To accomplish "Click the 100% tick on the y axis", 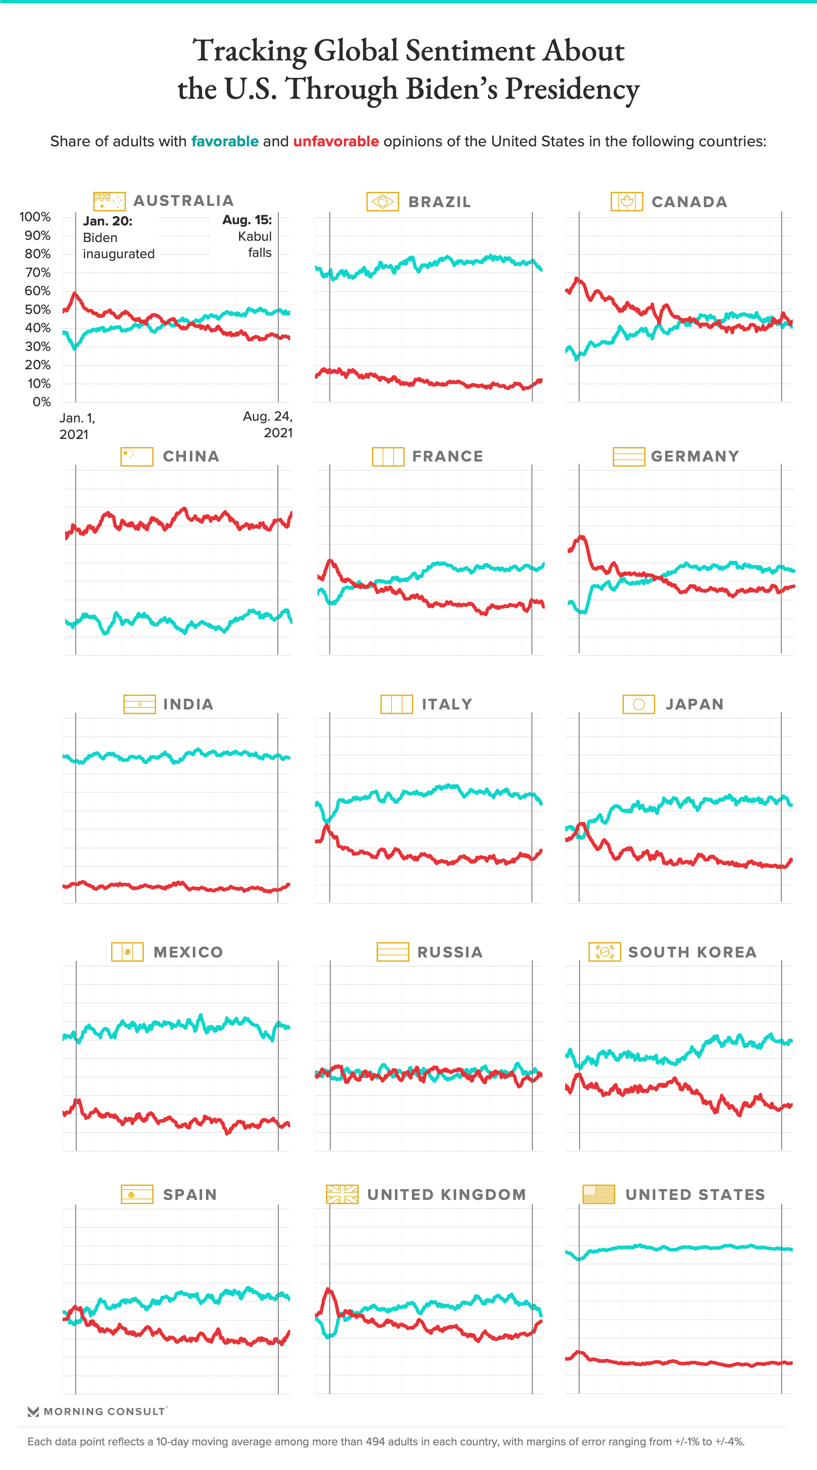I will point(35,217).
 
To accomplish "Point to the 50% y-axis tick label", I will point(37,309).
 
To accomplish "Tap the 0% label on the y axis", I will point(41,402).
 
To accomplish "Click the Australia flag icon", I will point(109,201).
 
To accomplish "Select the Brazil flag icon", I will point(382,202).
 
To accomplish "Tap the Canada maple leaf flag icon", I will point(626,202).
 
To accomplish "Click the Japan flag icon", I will point(638,704).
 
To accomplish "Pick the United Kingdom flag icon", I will point(342,1194).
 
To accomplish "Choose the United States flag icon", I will point(598,1194).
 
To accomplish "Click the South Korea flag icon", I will point(605,952).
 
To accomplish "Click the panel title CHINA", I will point(191,456).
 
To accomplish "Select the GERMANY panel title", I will point(695,456).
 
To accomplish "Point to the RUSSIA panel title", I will point(450,952).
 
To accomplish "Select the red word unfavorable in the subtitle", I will point(336,142).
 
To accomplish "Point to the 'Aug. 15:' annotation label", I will point(247,220).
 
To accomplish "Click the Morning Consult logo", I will point(97,1411).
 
